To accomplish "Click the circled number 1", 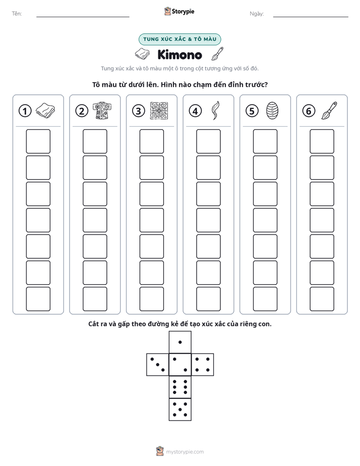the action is pos(25,111).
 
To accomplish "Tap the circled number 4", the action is pos(195,111).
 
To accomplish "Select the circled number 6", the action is pos(309,111).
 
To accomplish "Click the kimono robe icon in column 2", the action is pos(102,110).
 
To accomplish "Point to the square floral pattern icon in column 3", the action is pos(159,110).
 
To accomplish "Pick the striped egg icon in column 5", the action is pos(272,110).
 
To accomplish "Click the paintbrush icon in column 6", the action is pos(329,110).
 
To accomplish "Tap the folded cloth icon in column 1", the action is pos(45,110).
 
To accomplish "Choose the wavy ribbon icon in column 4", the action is pos(215,110).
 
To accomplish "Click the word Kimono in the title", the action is pos(179,54).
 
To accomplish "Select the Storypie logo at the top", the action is pos(179,11).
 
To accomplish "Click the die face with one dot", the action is pos(180,342).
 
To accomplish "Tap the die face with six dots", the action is pos(180,387).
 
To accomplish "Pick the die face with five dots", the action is pos(180,410).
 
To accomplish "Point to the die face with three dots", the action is pos(158,364).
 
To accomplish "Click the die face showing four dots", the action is pos(203,364).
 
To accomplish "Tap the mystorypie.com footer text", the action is pos(185,452).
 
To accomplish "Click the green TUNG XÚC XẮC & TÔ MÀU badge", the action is pos(179,39).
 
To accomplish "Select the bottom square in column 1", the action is pos(38,299).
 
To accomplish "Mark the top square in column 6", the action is pos(322,141).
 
